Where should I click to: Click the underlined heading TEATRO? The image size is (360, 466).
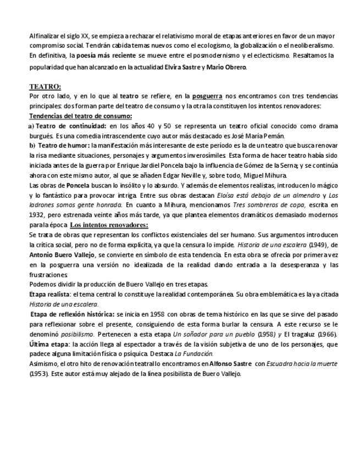[45, 87]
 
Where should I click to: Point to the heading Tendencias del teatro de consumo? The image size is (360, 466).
[80, 116]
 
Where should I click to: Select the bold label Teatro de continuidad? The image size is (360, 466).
[69, 126]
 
